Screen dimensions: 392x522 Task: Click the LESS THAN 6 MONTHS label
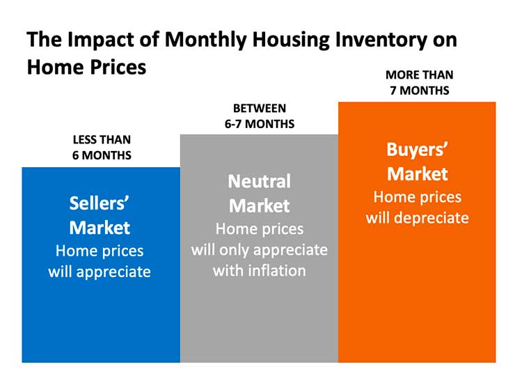tap(102, 148)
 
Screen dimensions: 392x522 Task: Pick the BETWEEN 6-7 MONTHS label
tap(260, 116)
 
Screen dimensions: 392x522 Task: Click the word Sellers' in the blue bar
tap(100, 203)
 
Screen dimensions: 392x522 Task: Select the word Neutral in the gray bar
tap(259, 181)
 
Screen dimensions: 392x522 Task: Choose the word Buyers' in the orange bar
tap(417, 149)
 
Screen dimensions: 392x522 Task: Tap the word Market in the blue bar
tap(100, 227)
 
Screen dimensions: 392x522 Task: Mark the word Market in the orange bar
tap(417, 173)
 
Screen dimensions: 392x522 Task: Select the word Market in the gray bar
tap(259, 205)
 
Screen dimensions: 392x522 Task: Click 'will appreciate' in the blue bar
tap(100, 272)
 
